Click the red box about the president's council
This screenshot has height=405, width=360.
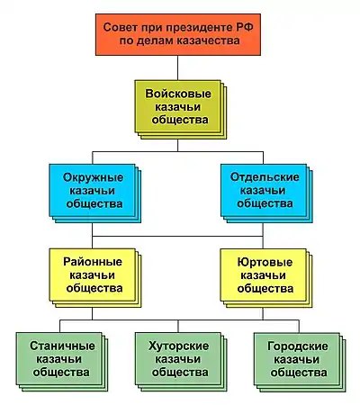pos(178,34)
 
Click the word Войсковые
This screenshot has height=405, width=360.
pos(178,94)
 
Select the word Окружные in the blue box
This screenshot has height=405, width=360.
pos(93,177)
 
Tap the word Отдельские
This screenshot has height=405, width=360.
pos(265,177)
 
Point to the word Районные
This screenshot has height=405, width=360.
pos(93,262)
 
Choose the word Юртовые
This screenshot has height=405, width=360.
pos(265,262)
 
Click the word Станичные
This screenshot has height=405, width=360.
pos(62,346)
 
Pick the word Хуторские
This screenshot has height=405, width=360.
pos(178,346)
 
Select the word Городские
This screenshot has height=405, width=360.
pos(298,346)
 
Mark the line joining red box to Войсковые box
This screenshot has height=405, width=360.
pos(178,67)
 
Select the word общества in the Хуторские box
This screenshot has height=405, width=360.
pos(180,372)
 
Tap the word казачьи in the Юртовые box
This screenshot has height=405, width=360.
pos(263,275)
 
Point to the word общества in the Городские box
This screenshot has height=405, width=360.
pos(299,373)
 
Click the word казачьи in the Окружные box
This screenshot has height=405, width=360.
pos(92,191)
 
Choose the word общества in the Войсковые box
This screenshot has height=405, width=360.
pos(180,120)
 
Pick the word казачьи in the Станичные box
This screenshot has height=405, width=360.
pos(58,359)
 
